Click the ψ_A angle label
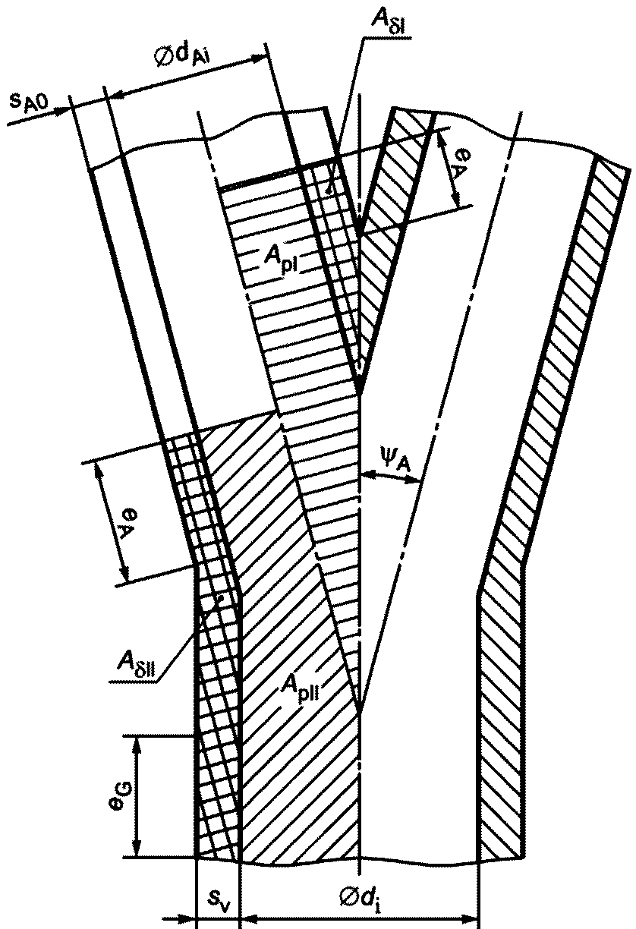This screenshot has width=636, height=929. pos(395,455)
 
